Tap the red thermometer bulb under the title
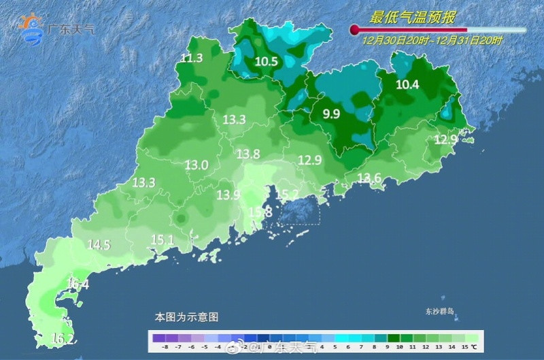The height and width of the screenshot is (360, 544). (354, 29)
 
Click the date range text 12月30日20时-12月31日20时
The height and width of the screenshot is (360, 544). (432, 41)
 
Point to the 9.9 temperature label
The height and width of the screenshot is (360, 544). (331, 114)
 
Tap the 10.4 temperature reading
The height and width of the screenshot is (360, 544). (408, 84)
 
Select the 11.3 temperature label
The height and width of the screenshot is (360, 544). (192, 58)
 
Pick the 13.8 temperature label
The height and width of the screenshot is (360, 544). (248, 154)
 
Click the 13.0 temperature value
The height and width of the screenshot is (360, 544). (197, 165)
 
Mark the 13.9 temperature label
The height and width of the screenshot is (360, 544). (228, 195)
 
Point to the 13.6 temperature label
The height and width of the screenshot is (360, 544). (369, 178)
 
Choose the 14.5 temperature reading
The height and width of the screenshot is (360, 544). (99, 244)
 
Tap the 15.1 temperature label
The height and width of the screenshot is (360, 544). (163, 240)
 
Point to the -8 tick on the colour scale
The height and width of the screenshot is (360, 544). (156, 346)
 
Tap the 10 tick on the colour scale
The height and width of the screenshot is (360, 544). (395, 346)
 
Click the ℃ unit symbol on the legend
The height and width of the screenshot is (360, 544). (473, 346)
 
